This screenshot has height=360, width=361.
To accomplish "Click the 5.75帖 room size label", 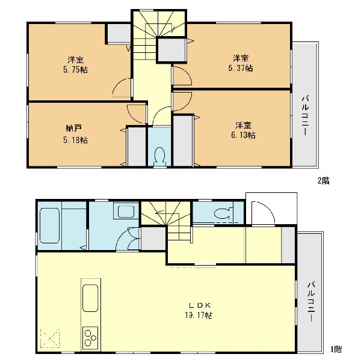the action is [76, 70].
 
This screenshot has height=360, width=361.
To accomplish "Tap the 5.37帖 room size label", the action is [241, 69].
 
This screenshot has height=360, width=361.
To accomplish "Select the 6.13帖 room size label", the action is [243, 135].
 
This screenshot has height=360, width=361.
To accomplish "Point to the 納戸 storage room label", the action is [73, 129].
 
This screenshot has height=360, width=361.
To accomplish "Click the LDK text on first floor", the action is [200, 305].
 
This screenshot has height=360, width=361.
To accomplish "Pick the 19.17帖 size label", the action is [199, 315].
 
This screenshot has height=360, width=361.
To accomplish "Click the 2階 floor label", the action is [324, 181].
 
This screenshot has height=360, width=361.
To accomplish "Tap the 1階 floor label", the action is [336, 349].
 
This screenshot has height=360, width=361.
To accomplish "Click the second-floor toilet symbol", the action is [159, 156].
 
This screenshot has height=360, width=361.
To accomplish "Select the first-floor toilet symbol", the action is [223, 214].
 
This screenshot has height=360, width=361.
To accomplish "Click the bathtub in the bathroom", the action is [49, 225].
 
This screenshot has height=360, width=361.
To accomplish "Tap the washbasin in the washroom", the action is [126, 212].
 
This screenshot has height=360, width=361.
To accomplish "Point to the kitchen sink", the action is [90, 298].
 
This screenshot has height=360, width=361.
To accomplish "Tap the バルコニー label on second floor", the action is [306, 116].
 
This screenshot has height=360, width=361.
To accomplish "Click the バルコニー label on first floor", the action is [311, 301].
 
